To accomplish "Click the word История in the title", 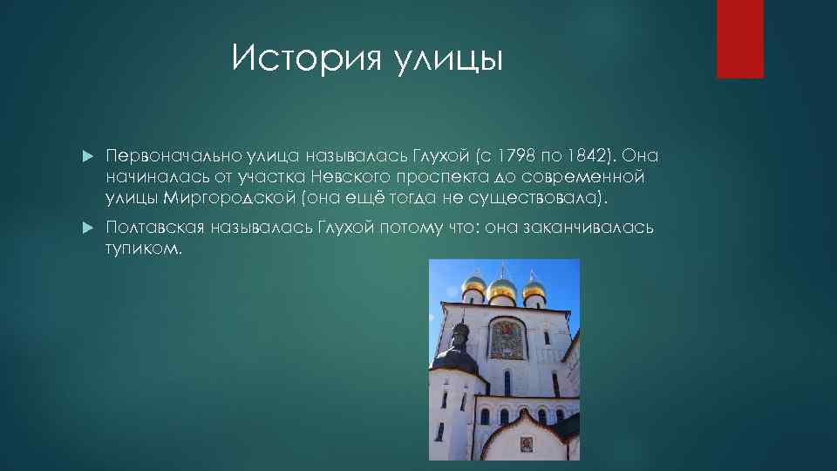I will click(297, 59).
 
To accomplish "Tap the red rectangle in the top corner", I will click(739, 39).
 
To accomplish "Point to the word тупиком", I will click(143, 249).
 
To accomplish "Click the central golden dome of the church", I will click(501, 285).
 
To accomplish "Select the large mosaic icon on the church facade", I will click(507, 338).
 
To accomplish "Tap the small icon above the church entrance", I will click(527, 445).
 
